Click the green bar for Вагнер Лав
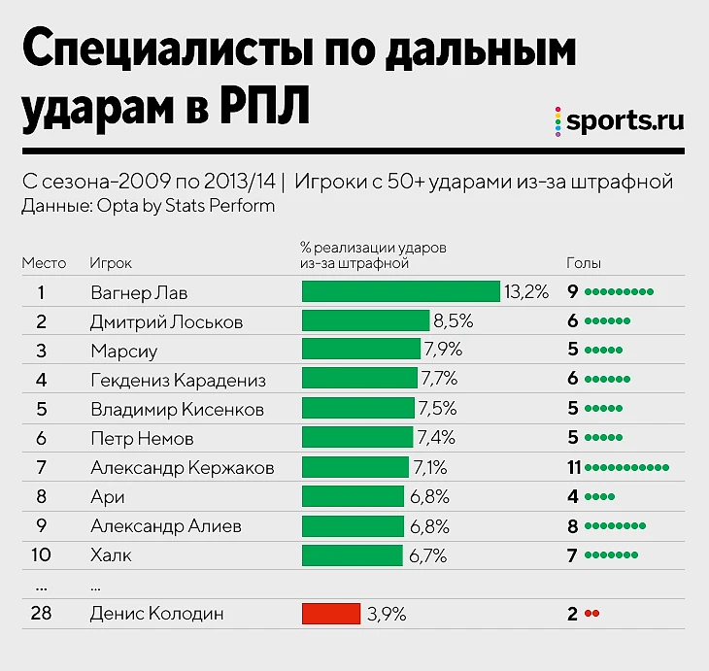point(401,292)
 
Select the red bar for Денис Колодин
point(331,614)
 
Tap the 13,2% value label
point(526,292)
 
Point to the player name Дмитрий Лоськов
point(166,321)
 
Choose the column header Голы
point(584,263)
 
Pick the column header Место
point(44,263)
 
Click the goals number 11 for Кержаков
point(574,468)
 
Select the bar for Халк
point(352,555)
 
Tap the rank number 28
point(42,614)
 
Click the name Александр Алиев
point(165,526)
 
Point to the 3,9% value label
point(387,614)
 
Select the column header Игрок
point(111,263)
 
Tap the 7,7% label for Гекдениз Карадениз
point(438,380)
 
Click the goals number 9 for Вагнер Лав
point(574,292)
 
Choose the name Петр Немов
point(142,439)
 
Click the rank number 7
point(42,468)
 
